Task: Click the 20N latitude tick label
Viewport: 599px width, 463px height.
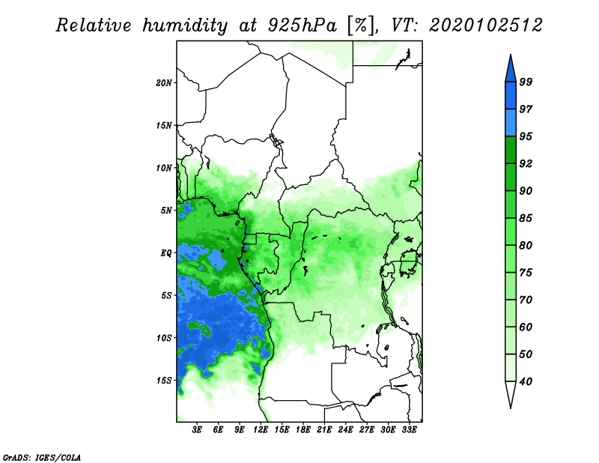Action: coord(164,83)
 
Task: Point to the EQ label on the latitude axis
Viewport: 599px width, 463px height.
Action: coord(166,253)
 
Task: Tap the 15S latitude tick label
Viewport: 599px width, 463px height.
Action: coord(164,381)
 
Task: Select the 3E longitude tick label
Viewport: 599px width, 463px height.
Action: coord(197,430)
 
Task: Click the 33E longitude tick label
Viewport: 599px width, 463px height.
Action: coord(409,430)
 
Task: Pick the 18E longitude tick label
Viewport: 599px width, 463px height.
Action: coord(303,430)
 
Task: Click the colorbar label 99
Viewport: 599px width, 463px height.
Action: coord(526,82)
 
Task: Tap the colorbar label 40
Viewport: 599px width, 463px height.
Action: coord(526,381)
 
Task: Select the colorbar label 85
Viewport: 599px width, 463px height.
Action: coord(526,218)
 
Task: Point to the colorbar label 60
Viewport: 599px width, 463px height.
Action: coord(526,327)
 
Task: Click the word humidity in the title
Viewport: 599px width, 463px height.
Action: coord(185,26)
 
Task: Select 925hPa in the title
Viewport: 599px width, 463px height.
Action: coord(302,25)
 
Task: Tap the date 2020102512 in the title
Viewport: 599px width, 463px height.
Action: coord(485,25)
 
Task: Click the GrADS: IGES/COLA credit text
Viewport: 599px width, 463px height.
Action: coord(42,457)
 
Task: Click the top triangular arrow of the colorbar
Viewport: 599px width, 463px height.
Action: coord(511,69)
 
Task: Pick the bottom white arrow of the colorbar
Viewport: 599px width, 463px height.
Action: coord(511,394)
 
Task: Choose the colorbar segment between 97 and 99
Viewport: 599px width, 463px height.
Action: coord(511,96)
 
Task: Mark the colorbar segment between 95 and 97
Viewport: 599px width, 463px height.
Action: coord(511,123)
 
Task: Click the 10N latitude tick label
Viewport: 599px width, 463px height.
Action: coord(164,168)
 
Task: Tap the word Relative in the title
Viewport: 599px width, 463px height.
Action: coord(94,25)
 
